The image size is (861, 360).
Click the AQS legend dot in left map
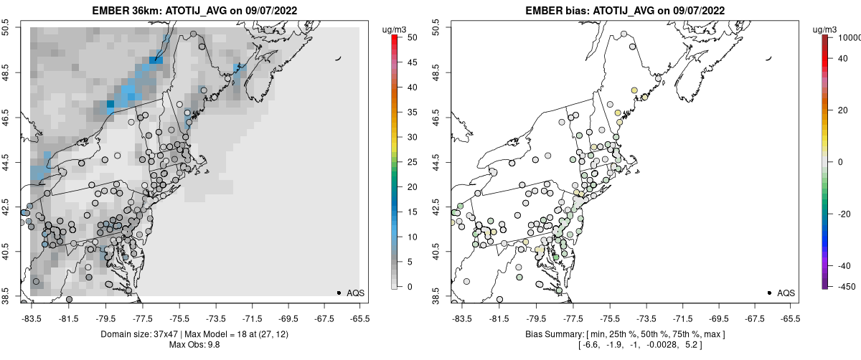point(339,293)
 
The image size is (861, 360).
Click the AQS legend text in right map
point(786,293)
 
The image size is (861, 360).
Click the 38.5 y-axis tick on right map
point(438,296)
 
